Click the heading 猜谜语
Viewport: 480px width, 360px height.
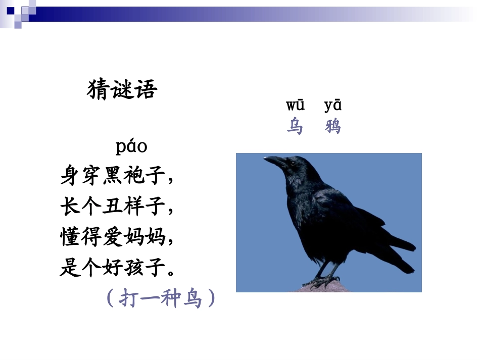122,90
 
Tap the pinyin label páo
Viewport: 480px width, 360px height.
131,147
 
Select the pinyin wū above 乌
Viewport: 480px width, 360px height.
295,106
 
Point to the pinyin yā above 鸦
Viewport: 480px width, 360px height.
333,106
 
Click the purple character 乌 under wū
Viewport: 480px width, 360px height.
295,126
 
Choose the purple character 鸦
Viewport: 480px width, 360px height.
333,126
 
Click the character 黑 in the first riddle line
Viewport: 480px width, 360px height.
112,177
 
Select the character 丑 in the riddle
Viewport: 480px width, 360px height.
112,207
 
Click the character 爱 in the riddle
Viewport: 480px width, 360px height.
112,237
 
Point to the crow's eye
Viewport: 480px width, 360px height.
292,163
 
